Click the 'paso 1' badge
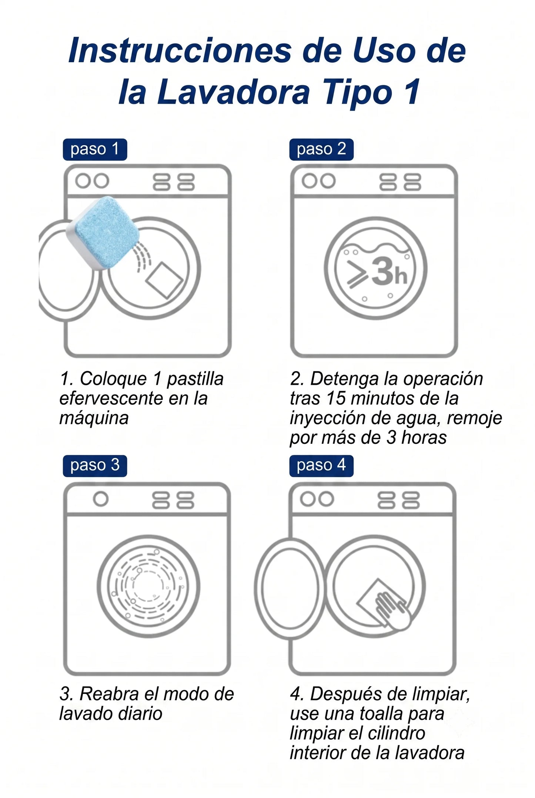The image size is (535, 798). [x=95, y=149]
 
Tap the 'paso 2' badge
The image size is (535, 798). [x=321, y=149]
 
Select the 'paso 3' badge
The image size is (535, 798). [x=95, y=466]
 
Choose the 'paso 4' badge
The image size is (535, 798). [x=321, y=466]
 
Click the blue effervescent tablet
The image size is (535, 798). [x=103, y=233]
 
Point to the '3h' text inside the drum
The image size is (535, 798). [x=389, y=272]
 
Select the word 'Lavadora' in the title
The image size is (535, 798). [x=234, y=92]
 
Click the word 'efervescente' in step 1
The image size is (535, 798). [x=110, y=398]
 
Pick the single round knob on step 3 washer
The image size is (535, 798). [x=101, y=499]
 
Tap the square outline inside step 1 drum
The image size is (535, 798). [x=164, y=280]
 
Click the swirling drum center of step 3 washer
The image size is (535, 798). [x=148, y=586]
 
